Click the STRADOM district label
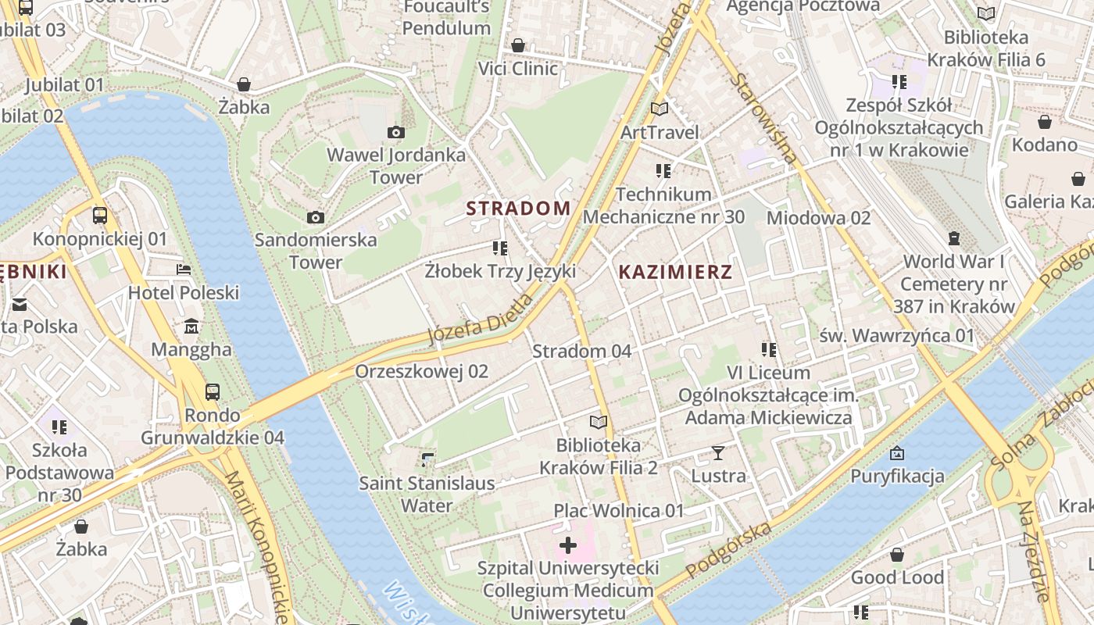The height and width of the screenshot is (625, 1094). click(518, 209)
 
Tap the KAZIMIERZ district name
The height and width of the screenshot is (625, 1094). click(675, 272)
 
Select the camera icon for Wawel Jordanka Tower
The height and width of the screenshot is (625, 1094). click(396, 132)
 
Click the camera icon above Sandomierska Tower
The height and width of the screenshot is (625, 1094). click(316, 217)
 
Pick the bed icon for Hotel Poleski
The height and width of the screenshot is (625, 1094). click(184, 270)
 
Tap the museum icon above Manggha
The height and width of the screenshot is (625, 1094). click(191, 325)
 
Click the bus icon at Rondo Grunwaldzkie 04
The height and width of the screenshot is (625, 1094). click(212, 391)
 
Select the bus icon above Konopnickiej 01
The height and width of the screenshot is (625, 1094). click(100, 215)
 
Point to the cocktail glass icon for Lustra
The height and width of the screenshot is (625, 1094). click(718, 452)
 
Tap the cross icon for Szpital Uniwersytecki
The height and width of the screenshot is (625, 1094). click(568, 545)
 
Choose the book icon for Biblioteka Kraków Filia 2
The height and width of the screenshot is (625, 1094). click(599, 422)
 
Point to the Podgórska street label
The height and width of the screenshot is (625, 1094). click(728, 550)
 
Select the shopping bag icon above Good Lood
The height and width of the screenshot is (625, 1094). click(897, 555)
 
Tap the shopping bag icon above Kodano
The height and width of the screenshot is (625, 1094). click(1045, 122)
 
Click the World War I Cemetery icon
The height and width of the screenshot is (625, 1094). click(954, 237)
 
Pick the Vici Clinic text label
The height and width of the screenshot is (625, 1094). click(518, 69)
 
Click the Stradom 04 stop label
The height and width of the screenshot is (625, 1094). click(581, 352)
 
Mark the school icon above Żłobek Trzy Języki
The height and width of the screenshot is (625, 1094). click(500, 248)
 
